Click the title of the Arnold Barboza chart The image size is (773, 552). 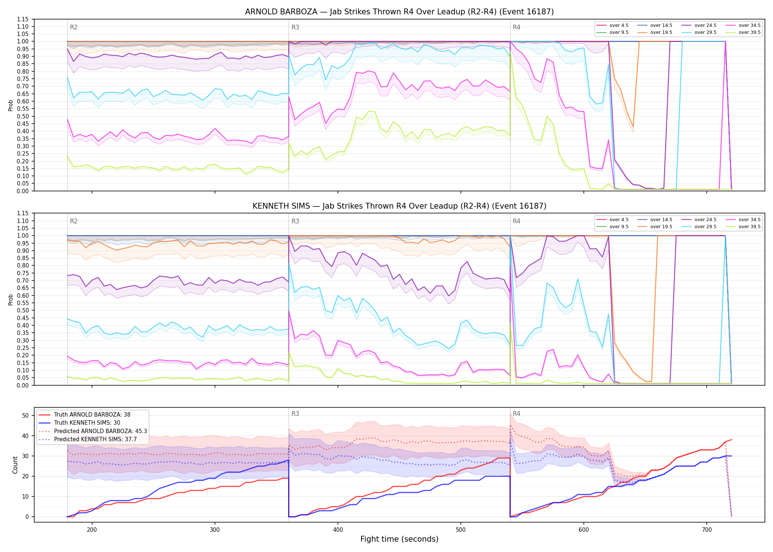point(399,12)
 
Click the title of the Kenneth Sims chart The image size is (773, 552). point(399,206)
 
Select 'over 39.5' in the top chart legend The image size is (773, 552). point(749,32)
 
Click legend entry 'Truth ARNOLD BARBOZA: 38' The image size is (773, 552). point(92,414)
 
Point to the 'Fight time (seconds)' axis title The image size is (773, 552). point(399,539)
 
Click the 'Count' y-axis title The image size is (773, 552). point(15,465)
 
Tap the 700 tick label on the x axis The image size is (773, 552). point(707,530)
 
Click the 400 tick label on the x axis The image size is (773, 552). point(338,530)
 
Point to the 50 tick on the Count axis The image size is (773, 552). point(25,415)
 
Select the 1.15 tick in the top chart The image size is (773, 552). point(22,19)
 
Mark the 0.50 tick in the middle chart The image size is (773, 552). point(22,310)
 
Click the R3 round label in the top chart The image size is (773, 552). point(295,27)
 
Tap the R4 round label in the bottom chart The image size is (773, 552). point(516,414)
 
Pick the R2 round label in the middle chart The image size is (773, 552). point(74,221)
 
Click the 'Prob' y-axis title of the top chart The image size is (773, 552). point(11,105)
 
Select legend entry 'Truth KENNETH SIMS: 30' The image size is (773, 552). point(87,423)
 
